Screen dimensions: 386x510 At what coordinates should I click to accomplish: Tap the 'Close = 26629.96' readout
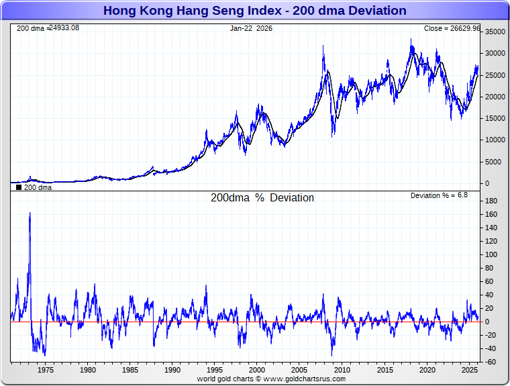452,29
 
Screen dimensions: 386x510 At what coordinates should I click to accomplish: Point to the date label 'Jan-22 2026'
251,29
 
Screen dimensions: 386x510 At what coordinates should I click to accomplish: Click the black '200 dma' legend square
19,187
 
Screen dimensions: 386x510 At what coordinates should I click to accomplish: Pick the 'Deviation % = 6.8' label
439,195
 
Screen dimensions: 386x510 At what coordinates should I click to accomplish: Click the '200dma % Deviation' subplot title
262,198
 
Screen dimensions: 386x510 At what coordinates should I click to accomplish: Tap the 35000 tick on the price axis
495,32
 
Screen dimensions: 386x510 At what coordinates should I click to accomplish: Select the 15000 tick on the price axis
495,119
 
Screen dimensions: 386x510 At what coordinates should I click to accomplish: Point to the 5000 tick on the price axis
495,162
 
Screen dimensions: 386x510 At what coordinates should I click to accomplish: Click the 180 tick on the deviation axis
491,201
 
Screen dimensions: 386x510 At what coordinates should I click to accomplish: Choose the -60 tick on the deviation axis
491,363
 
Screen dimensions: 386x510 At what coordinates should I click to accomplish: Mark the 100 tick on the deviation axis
491,254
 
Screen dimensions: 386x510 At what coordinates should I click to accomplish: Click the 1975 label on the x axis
46,370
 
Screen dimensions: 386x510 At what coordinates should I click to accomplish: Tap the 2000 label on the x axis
257,370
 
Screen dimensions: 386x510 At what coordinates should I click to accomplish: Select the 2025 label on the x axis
468,370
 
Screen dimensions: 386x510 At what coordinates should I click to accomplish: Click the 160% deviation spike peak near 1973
30,213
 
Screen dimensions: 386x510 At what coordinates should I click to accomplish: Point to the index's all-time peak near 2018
412,40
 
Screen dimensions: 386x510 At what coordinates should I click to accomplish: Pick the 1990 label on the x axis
172,370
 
